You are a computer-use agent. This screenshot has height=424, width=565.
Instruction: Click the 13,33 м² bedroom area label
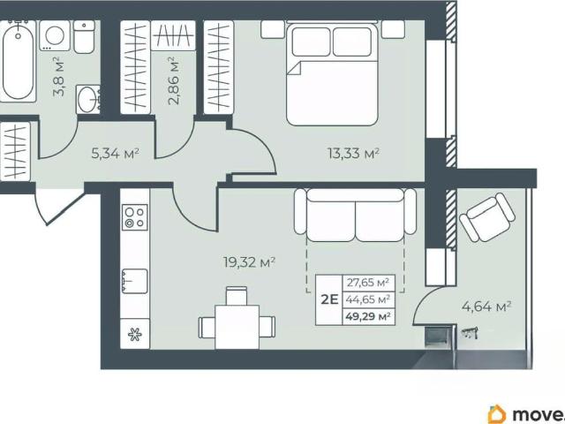click(353, 154)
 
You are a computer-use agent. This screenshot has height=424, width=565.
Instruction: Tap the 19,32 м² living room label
click(249, 262)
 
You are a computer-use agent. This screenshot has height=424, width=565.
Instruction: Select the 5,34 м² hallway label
click(116, 154)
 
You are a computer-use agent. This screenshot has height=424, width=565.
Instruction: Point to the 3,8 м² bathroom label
click(59, 77)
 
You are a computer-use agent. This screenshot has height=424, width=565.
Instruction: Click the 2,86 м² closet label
click(174, 80)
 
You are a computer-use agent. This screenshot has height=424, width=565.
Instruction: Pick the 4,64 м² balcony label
click(486, 307)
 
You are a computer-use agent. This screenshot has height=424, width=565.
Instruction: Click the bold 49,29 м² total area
click(368, 317)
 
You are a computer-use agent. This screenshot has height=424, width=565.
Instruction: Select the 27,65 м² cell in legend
click(368, 283)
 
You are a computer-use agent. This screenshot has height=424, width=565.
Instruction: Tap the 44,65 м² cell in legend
click(368, 299)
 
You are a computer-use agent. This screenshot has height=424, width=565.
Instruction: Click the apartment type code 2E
click(329, 299)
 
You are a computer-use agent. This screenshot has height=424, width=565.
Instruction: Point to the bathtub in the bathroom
click(18, 61)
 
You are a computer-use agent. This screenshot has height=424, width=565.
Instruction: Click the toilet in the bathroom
click(85, 36)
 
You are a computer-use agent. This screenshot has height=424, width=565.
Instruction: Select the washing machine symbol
click(55, 35)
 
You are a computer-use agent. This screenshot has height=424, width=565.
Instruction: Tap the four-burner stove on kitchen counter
click(135, 217)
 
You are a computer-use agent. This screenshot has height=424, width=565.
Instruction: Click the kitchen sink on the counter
click(134, 281)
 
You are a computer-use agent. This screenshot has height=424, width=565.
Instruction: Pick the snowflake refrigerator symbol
click(135, 334)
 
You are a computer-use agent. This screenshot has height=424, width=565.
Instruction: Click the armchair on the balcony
click(487, 217)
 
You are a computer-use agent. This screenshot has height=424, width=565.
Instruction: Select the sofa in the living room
click(355, 215)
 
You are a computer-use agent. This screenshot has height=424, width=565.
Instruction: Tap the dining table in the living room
click(237, 327)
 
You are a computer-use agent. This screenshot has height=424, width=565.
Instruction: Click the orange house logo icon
click(497, 414)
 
